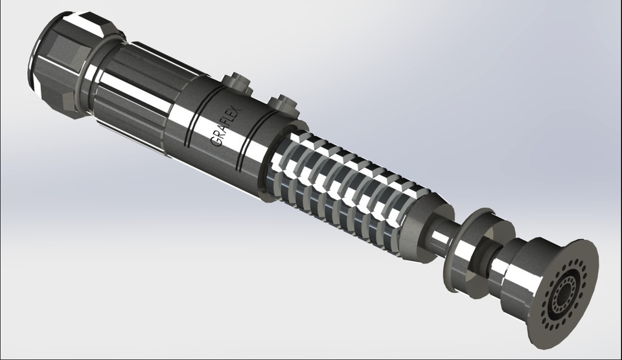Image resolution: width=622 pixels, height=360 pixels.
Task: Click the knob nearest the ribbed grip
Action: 280,103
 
